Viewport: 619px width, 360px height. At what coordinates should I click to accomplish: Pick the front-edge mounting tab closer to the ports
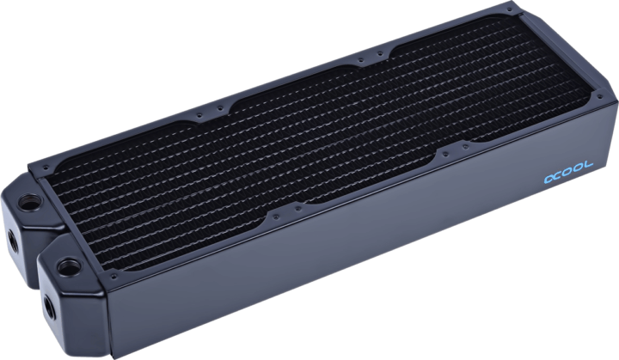pyautogui.click(x=278, y=213)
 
